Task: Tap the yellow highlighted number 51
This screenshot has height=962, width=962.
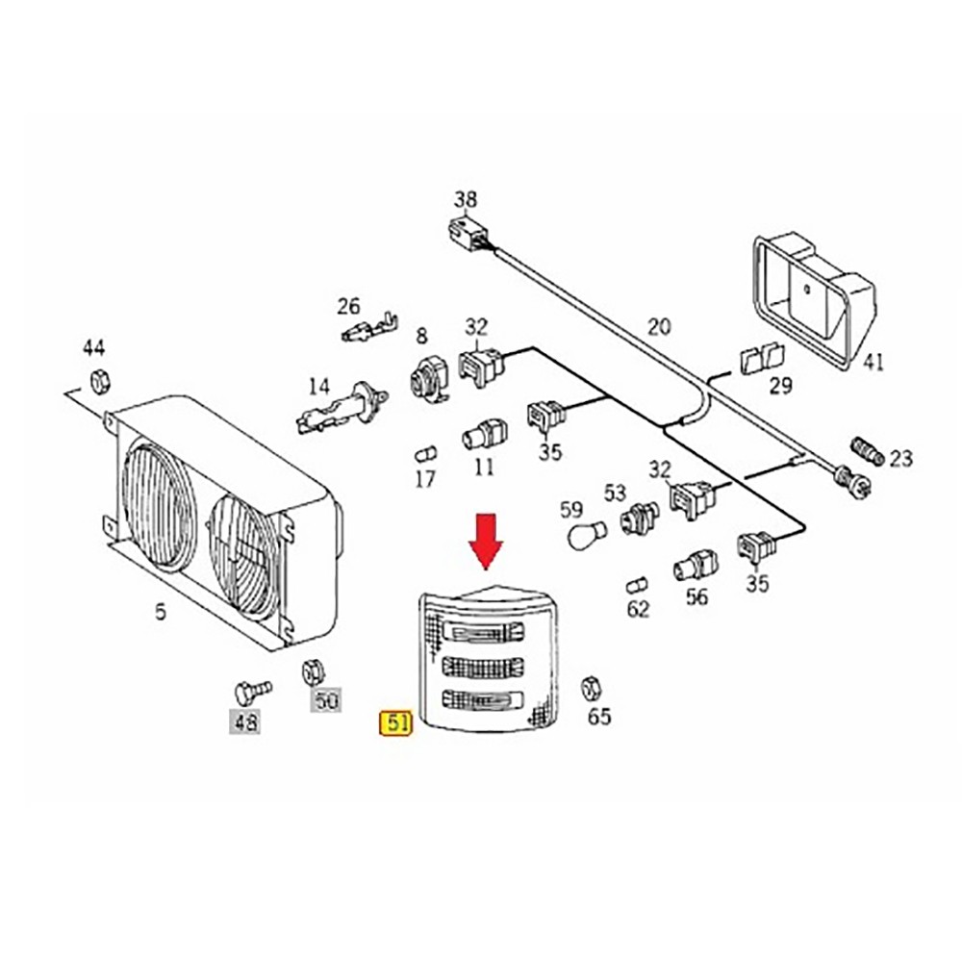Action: click(396, 722)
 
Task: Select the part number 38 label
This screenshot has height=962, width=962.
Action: click(466, 200)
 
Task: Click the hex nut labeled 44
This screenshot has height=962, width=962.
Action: click(97, 381)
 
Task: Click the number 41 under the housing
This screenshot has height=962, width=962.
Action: click(872, 362)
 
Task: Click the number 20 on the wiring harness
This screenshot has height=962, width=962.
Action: click(658, 327)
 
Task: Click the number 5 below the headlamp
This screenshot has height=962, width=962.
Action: click(161, 610)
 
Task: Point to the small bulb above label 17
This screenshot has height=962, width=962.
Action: click(424, 453)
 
